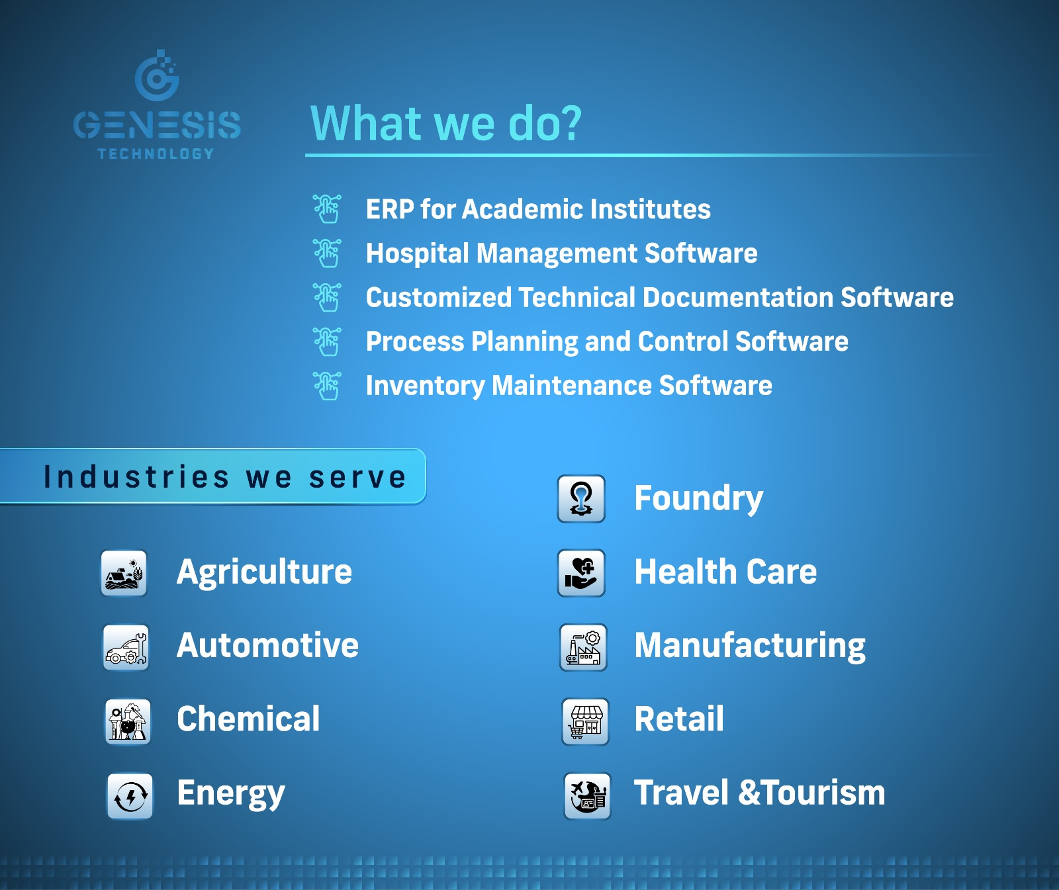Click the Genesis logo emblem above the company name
tap(157, 76)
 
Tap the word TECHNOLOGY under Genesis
tap(156, 154)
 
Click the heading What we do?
tap(446, 124)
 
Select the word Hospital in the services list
tap(418, 254)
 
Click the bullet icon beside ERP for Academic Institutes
tap(328, 209)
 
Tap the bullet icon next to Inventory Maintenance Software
tap(328, 386)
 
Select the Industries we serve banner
tap(213, 476)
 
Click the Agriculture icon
tap(124, 573)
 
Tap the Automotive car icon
tap(126, 647)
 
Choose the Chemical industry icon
tap(128, 721)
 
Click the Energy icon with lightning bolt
tap(130, 796)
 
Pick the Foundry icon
tap(581, 499)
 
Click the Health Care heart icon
tap(581, 573)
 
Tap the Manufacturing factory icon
tap(583, 647)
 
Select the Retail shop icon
tap(585, 721)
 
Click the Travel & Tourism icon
tap(587, 796)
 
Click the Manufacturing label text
tap(750, 646)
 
